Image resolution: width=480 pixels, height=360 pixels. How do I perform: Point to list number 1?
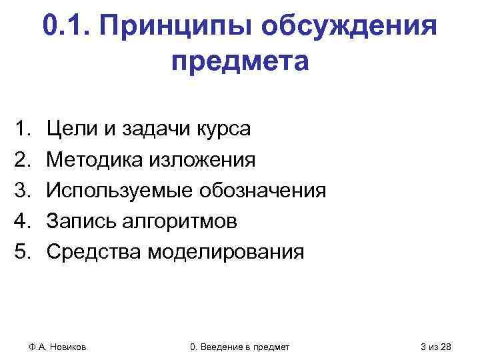point(25,128)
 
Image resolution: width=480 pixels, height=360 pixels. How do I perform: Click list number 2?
point(25,159)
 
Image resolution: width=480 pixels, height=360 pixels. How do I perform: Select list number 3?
point(25,191)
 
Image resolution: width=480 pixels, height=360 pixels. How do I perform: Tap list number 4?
point(25,221)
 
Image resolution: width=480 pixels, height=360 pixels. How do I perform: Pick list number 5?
point(25,253)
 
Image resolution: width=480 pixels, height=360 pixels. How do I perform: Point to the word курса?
point(223,128)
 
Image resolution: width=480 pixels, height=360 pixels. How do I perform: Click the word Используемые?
point(118,191)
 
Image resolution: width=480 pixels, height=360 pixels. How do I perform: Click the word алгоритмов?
point(179,221)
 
